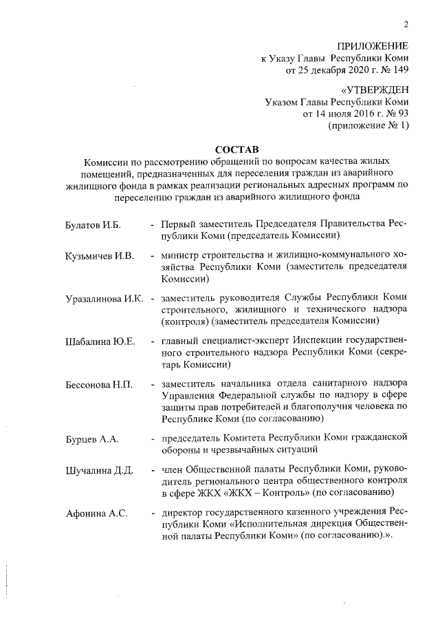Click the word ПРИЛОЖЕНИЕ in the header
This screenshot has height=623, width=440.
[373, 46]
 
